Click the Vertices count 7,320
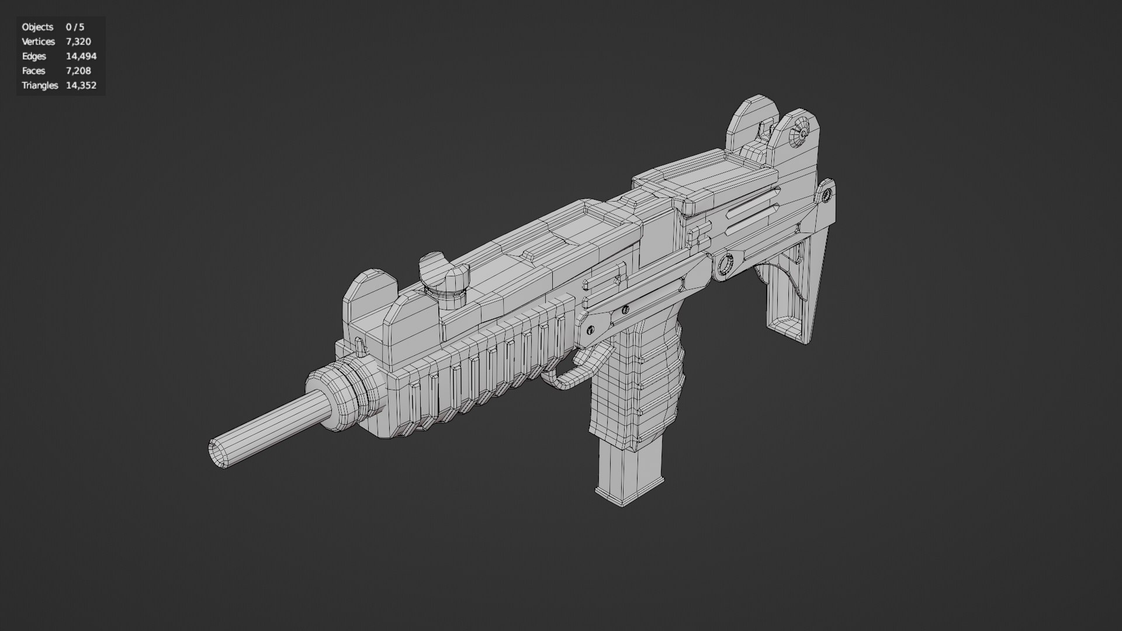[78, 41]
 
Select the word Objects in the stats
[37, 27]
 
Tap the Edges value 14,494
[81, 56]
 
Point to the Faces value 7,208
[78, 71]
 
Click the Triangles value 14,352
[81, 85]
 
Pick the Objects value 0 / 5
[75, 27]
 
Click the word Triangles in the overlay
[40, 85]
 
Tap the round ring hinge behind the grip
[725, 266]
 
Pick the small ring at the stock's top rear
[826, 196]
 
